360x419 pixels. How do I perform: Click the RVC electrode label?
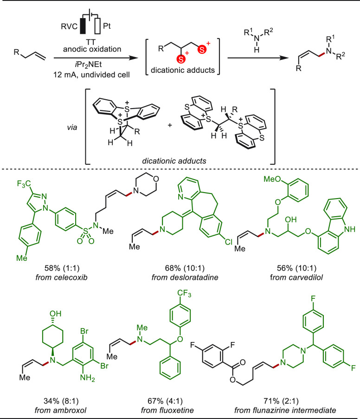tap(69, 26)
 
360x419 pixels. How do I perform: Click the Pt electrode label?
tap(107, 26)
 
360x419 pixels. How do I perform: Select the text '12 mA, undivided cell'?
tap(92, 75)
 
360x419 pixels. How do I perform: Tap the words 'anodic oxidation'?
tap(92, 49)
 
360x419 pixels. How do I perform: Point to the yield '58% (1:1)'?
tap(62, 268)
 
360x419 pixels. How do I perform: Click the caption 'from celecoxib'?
tap(62, 277)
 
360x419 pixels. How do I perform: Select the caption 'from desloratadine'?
tap(185, 277)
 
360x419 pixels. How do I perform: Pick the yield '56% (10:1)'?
tap(296, 268)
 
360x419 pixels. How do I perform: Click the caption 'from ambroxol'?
tap(60, 410)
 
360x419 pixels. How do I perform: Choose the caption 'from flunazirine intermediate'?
tap(285, 410)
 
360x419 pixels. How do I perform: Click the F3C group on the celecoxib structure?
tap(24, 184)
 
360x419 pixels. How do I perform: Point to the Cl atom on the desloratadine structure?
tap(229, 242)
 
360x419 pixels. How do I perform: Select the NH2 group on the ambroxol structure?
tap(87, 378)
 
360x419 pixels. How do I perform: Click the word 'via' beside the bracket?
tap(72, 127)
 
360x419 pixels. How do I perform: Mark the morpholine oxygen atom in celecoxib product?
tap(155, 179)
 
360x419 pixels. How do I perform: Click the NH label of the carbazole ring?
tap(350, 229)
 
